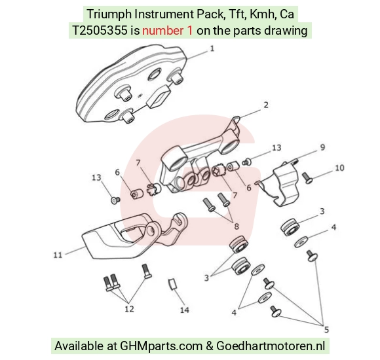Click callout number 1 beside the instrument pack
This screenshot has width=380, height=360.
point(212,48)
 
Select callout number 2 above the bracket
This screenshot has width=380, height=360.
point(266,105)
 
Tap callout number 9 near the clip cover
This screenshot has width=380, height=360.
point(322,147)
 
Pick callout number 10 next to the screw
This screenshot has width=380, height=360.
point(339,168)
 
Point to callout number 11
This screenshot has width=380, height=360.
point(58,255)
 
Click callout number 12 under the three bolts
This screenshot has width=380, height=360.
point(129,309)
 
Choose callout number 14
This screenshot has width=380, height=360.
point(184,310)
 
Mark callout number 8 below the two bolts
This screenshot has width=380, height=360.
point(237,226)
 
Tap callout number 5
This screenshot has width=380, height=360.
point(326,329)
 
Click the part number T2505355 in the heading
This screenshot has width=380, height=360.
point(100,31)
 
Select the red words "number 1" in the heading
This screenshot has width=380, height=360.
point(168,31)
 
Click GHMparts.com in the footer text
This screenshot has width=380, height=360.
point(161,346)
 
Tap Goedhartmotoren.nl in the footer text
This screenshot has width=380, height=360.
point(271,346)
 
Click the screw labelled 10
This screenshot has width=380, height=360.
point(307,178)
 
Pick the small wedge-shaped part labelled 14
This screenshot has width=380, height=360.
point(172,283)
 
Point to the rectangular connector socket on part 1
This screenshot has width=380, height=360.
point(159,96)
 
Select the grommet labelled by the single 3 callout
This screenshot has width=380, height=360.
point(290,227)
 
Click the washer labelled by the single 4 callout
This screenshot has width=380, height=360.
point(301,242)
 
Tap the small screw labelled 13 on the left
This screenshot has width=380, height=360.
point(115,200)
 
